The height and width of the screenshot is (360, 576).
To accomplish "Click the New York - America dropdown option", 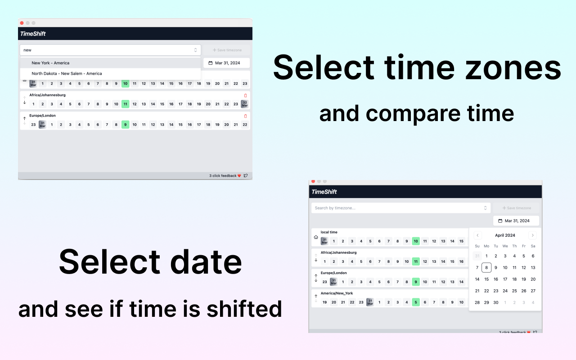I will pyautogui.click(x=50, y=63).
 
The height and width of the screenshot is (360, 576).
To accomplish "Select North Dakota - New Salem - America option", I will pyautogui.click(x=67, y=73).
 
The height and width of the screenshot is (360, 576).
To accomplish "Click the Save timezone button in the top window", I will pyautogui.click(x=227, y=50).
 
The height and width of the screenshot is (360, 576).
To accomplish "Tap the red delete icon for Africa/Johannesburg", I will pyautogui.click(x=245, y=95).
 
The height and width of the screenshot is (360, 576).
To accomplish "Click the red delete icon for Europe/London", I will pyautogui.click(x=245, y=116).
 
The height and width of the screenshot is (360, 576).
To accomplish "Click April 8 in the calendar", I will pyautogui.click(x=486, y=267).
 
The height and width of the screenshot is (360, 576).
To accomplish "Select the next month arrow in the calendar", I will pyautogui.click(x=532, y=235).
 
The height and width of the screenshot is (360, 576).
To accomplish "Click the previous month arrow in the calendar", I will pyautogui.click(x=477, y=235).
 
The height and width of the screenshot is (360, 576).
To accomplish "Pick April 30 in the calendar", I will pyautogui.click(x=496, y=302).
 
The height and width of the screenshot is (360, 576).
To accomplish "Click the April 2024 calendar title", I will pyautogui.click(x=505, y=235).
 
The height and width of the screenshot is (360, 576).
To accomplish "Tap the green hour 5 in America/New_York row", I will pyautogui.click(x=416, y=302).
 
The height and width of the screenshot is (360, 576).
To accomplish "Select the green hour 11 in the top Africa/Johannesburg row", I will pyautogui.click(x=125, y=104).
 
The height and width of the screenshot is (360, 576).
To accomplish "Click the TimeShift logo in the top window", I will pyautogui.click(x=33, y=34).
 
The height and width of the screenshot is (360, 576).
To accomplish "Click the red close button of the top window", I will pyautogui.click(x=22, y=23).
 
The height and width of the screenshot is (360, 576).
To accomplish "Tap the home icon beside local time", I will pyautogui.click(x=316, y=237).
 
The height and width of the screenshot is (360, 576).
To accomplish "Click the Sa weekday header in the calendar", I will pyautogui.click(x=533, y=246).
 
